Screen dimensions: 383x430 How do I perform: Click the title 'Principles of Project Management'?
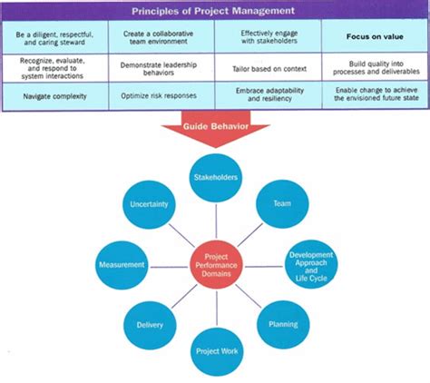coord(214,11)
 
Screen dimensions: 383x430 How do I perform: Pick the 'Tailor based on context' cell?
coord(268,66)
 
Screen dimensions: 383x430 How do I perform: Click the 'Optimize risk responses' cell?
coord(160,93)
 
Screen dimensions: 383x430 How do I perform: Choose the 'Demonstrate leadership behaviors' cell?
coord(160,66)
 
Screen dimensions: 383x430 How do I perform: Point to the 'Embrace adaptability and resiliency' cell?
coord(268,93)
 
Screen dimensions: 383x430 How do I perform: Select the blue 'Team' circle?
coord(281,205)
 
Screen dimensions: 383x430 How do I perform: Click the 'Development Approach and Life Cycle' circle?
coord(310,265)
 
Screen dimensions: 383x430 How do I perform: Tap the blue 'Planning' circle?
coord(282,323)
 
